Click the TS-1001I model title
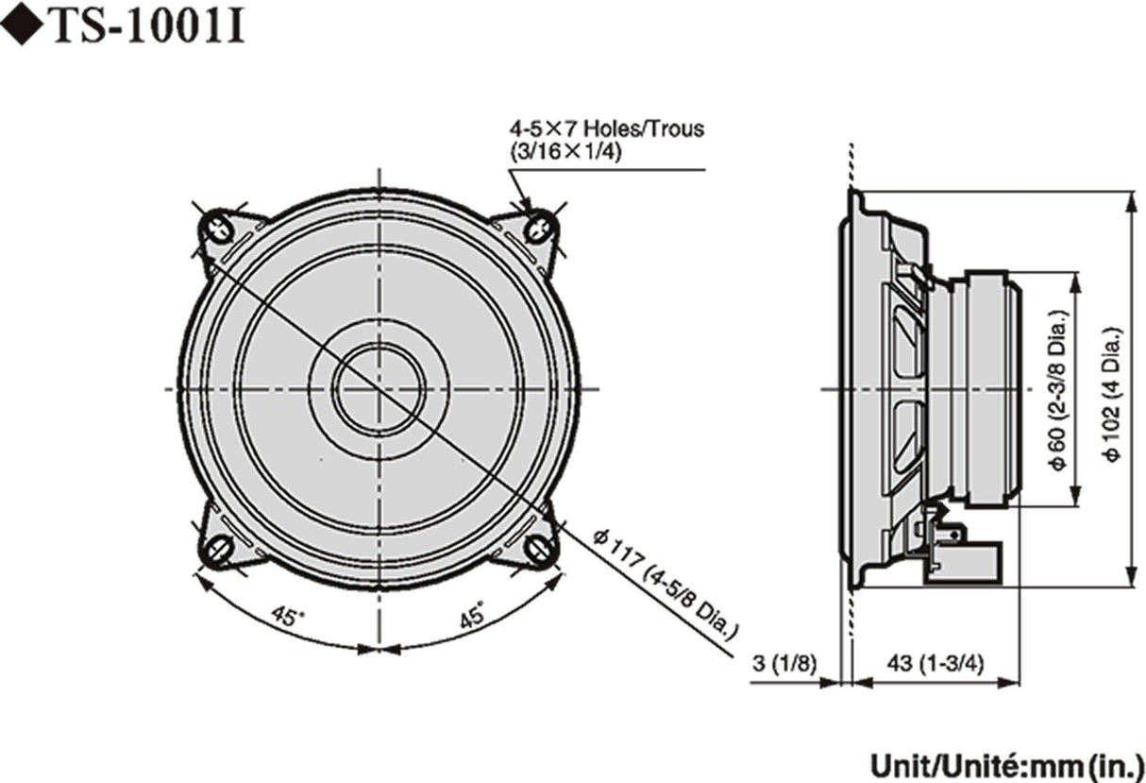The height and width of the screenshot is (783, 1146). (x=146, y=27)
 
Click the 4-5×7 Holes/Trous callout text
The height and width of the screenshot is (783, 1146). (x=606, y=128)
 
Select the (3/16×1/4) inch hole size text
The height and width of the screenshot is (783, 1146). (x=565, y=150)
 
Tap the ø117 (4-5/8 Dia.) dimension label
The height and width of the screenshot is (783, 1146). (x=665, y=586)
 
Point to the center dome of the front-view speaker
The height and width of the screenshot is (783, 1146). (x=378, y=388)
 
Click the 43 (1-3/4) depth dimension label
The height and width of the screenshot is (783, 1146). (x=934, y=663)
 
